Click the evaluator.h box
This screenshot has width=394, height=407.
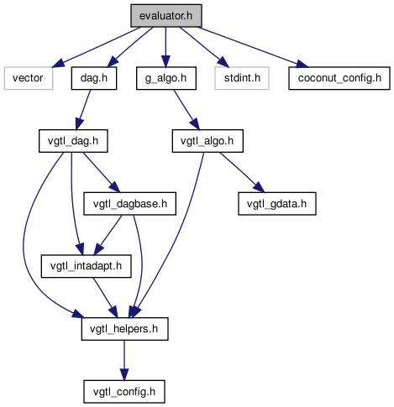click(166, 16)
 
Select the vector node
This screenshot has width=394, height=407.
click(29, 78)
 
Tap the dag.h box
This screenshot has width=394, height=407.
click(94, 78)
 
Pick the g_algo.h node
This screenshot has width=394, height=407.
click(166, 78)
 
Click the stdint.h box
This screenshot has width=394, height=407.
click(242, 78)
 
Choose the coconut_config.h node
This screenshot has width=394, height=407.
click(339, 78)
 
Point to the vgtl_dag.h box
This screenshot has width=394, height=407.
click(73, 141)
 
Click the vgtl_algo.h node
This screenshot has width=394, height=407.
click(208, 141)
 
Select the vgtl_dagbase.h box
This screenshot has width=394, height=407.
click(129, 203)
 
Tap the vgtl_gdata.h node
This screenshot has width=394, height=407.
click(277, 203)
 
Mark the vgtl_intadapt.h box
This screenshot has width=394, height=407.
click(86, 266)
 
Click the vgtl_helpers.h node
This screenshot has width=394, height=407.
click(124, 329)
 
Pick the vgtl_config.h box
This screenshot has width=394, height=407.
click(124, 391)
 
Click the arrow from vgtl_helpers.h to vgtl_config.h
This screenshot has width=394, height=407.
click(124, 360)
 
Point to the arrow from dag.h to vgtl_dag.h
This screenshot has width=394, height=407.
click(83, 109)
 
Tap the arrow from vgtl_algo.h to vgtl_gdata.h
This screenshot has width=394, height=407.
click(242, 172)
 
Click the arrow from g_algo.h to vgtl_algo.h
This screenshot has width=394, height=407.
click(186, 110)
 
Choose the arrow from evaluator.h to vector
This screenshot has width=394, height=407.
click(95, 47)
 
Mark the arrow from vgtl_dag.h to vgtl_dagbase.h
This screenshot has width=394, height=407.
click(102, 172)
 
